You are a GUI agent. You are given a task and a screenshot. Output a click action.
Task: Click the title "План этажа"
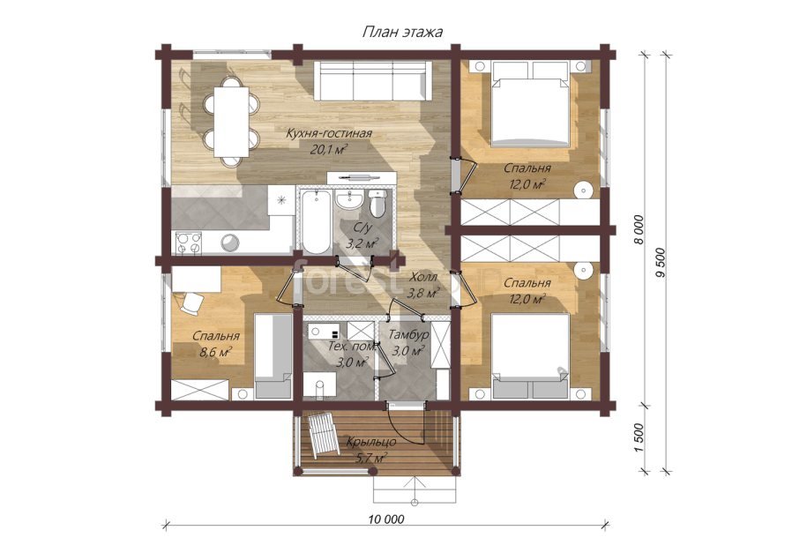click(x=402, y=33)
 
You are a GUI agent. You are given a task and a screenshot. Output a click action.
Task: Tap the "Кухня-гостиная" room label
click(x=329, y=134)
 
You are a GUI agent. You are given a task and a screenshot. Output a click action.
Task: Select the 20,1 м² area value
click(x=329, y=149)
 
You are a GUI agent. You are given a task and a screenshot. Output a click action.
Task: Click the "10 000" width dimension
click(x=386, y=519)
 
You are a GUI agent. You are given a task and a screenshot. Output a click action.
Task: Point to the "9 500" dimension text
click(x=661, y=263)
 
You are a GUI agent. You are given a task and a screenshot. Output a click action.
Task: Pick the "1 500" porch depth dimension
click(x=639, y=437)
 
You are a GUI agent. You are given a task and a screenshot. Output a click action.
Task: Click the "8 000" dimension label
click(x=639, y=230)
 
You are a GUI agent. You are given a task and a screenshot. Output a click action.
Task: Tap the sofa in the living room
click(x=373, y=81)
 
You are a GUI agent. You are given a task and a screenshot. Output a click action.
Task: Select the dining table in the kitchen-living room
click(x=231, y=122)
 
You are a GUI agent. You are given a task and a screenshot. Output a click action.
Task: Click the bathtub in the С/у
click(x=317, y=221)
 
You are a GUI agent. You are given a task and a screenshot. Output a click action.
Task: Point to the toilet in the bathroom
click(x=377, y=204)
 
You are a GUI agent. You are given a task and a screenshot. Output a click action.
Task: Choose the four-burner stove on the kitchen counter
click(x=188, y=243)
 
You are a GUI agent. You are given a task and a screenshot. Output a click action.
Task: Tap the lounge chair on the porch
click(x=324, y=434)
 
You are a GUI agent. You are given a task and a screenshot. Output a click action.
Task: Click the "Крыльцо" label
click(x=370, y=443)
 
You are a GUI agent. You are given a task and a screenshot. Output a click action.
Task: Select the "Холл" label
click(x=422, y=277)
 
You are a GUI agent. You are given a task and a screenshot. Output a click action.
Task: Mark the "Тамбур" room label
click(x=408, y=335)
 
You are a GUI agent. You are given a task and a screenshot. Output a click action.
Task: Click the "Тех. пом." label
click(x=352, y=347)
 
